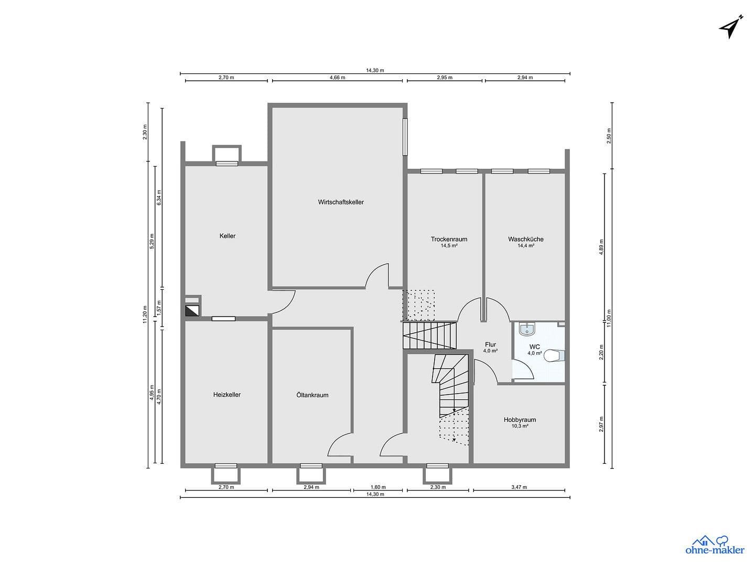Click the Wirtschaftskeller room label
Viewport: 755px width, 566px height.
pyautogui.click(x=341, y=202)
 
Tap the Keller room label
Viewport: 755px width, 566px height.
pyautogui.click(x=228, y=236)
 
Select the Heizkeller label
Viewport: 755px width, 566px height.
pyautogui.click(x=227, y=395)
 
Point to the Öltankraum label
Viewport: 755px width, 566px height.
pyautogui.click(x=312, y=395)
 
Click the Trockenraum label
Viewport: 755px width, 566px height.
pyautogui.click(x=449, y=239)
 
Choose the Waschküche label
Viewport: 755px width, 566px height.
pyautogui.click(x=526, y=239)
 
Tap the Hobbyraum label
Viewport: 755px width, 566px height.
pyautogui.click(x=520, y=420)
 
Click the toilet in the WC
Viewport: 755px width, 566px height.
pyautogui.click(x=554, y=356)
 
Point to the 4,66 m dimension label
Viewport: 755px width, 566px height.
pyautogui.click(x=337, y=78)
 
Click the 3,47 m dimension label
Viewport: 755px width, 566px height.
pyautogui.click(x=519, y=487)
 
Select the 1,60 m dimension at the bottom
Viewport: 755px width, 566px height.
pyautogui.click(x=378, y=487)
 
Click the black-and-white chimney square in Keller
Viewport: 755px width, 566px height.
pyautogui.click(x=192, y=310)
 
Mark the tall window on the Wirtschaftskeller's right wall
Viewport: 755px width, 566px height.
pyautogui.click(x=405, y=136)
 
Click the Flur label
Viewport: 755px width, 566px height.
pyautogui.click(x=491, y=344)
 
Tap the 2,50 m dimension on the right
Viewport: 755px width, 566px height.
pyautogui.click(x=609, y=136)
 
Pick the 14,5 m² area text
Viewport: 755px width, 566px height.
pyautogui.click(x=449, y=246)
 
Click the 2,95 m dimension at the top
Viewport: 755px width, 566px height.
pyautogui.click(x=445, y=78)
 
